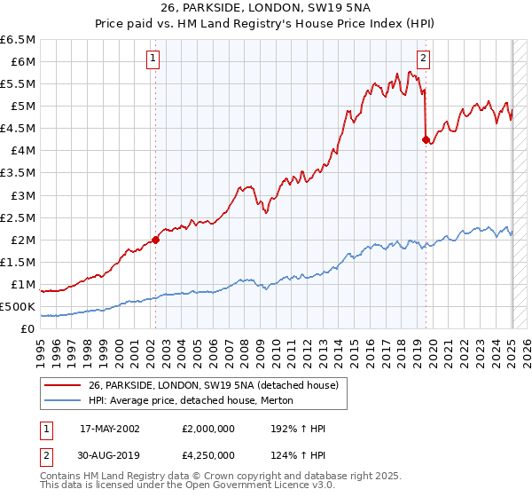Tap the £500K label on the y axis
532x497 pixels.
click(x=18, y=307)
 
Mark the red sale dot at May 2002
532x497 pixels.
click(x=156, y=239)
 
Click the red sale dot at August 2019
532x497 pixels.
click(x=426, y=138)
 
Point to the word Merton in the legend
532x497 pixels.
click(x=288, y=401)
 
